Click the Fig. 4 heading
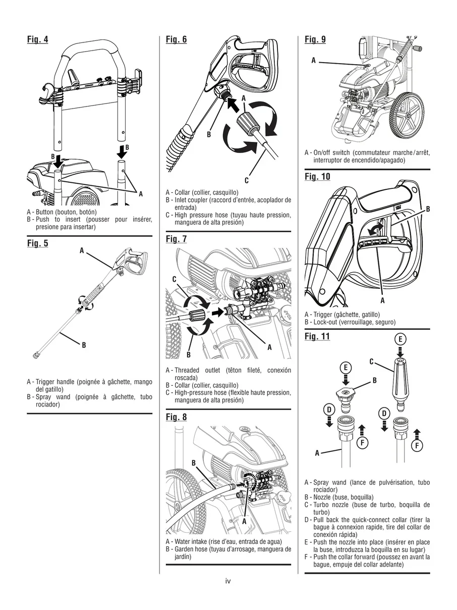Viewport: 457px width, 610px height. coord(38,39)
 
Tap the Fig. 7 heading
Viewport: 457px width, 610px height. coord(176,239)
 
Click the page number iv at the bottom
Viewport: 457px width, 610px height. coord(228,581)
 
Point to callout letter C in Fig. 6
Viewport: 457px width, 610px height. coord(247,180)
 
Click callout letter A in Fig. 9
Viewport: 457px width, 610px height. coord(313,61)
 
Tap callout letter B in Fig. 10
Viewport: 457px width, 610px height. coord(428,209)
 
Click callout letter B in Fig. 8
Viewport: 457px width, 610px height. coord(193,463)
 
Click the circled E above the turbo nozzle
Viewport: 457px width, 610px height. coord(400,339)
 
